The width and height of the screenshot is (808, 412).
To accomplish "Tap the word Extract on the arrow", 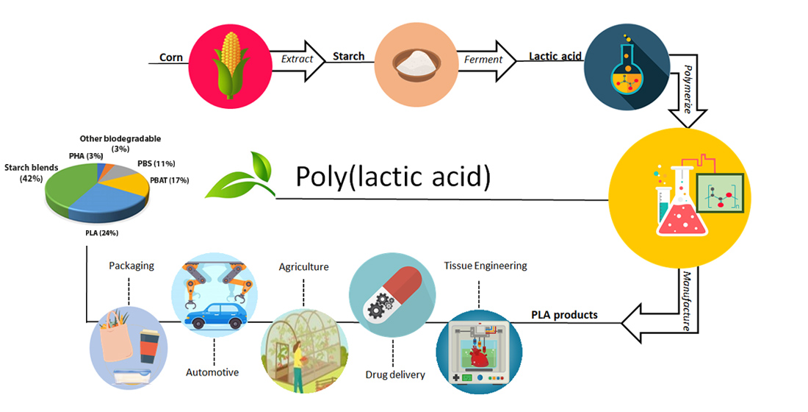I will click(297, 59).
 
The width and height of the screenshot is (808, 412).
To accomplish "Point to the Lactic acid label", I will click(554, 57).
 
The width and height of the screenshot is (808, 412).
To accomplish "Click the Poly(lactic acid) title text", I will click(392, 177).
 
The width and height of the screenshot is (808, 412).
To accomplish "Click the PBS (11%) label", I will click(156, 163).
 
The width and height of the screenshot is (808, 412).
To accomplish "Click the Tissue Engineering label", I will click(485, 266).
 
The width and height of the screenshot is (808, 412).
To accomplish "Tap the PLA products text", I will click(564, 315).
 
